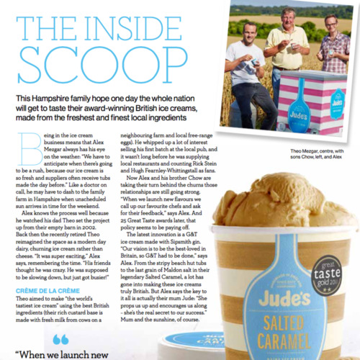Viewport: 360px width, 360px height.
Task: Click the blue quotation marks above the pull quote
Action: point(60,338)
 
